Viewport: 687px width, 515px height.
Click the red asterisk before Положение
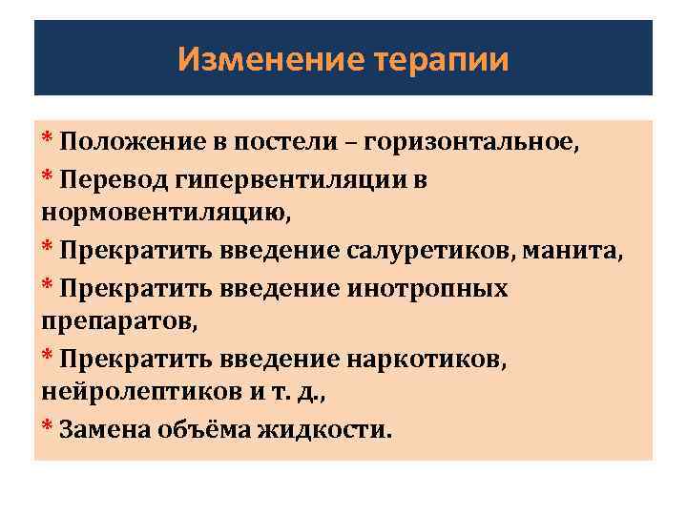48,140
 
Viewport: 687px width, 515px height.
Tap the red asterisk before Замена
48,425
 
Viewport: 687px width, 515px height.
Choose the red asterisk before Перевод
48,176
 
